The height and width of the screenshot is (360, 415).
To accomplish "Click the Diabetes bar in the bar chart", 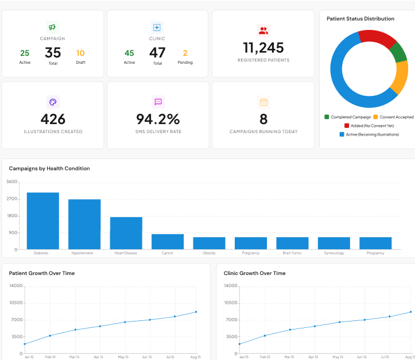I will coord(42,221).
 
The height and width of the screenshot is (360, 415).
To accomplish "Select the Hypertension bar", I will coord(84,224).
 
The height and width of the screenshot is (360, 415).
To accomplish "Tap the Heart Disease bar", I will coord(126,233).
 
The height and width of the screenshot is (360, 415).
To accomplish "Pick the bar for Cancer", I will coord(168,242).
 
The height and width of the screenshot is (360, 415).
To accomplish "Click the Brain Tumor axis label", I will coord(292,253).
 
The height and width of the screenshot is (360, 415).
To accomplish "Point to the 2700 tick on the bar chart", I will coord(12,199).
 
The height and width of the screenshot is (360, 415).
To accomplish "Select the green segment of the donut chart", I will coord(398,53).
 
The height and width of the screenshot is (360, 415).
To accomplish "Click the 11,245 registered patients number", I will coord(263,48).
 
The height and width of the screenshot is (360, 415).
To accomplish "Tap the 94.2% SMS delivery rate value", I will coord(158,119).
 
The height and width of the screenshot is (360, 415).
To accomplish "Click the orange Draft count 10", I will coord(80,53).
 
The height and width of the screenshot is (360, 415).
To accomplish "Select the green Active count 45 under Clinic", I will coord(129,53).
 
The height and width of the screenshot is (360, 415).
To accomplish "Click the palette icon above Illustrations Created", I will coord(53,102).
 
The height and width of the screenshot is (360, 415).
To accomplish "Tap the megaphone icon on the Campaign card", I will coord(52,27).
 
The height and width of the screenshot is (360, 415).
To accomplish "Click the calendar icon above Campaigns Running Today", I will coord(263,102).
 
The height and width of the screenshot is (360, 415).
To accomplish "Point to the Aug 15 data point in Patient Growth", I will coord(196,312).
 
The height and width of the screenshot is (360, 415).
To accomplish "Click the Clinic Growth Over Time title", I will coord(254,273).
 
